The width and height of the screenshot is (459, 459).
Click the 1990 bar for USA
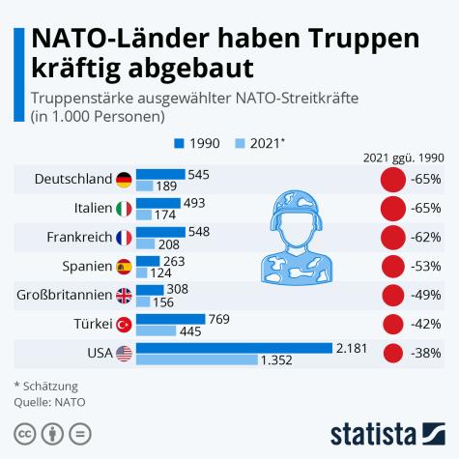[x=234, y=347]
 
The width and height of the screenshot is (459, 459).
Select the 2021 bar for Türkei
[x=156, y=330]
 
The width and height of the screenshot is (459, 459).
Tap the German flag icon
[x=124, y=180]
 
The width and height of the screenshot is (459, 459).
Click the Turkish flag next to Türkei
[x=124, y=324]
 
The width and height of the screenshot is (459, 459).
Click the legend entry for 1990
[x=197, y=143]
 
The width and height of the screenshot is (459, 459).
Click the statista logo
[x=387, y=431]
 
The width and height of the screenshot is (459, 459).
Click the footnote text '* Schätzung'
[x=45, y=386]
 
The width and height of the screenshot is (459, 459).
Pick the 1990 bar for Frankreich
[x=160, y=231]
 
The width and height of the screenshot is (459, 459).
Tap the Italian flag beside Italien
[x=124, y=209]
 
